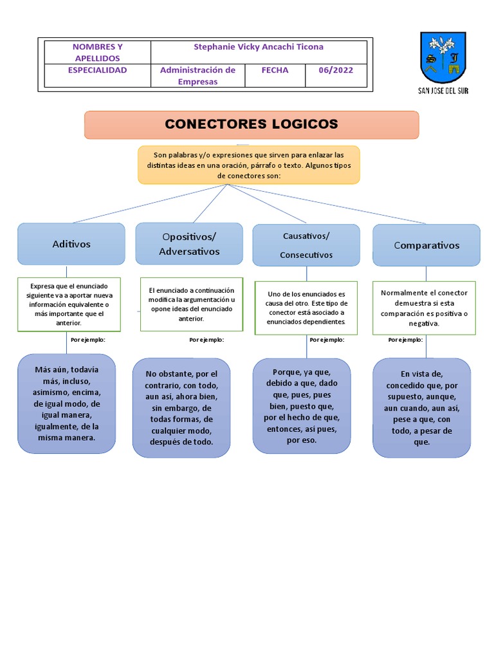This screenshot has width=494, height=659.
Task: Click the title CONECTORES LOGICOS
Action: pos(251,124)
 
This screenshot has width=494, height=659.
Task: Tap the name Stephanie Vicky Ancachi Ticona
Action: pos(259,47)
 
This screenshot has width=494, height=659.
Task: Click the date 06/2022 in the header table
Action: pos(336,70)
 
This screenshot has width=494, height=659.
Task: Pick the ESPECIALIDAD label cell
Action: pos(97,70)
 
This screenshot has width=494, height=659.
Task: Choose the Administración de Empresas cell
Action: pos(197,76)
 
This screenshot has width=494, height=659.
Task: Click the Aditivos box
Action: pos(71,244)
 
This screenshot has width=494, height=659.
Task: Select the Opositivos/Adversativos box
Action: pos(189,244)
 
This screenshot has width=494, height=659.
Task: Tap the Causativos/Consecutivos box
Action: pos(307,245)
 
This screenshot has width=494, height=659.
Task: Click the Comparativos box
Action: pos(426,245)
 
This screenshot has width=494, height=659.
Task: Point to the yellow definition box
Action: pos(249,165)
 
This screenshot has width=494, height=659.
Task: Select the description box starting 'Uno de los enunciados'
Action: pos(307,308)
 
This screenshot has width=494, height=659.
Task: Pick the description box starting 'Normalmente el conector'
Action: pos(424,308)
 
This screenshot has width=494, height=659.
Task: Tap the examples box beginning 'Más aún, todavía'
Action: pos(66,404)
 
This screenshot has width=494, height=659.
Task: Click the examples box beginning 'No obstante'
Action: pos(181,408)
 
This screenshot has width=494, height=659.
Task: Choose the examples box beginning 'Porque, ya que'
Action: pos(301,406)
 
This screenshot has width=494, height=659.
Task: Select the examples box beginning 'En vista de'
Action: pos(421,408)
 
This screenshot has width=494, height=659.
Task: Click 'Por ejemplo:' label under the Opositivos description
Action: pos(206,340)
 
